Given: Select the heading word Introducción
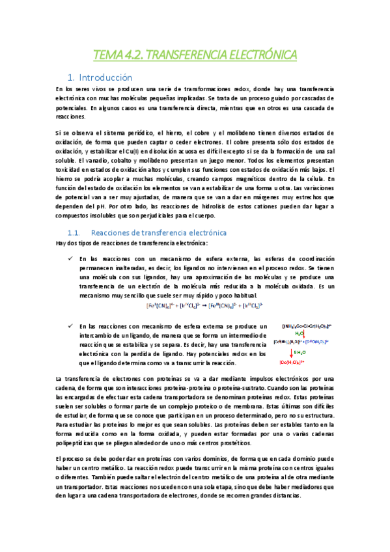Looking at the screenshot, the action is tap(114, 77).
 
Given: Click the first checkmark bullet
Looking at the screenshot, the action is tap(69, 258).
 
